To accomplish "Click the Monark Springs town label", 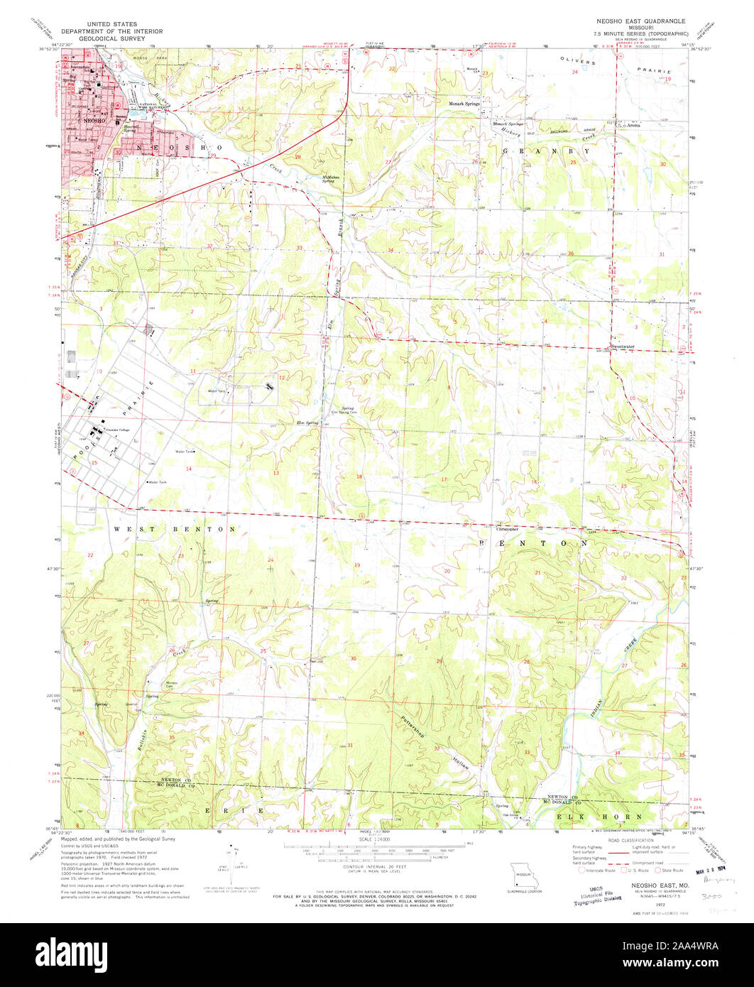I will [x=464, y=104].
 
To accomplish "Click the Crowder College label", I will [x=118, y=430].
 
